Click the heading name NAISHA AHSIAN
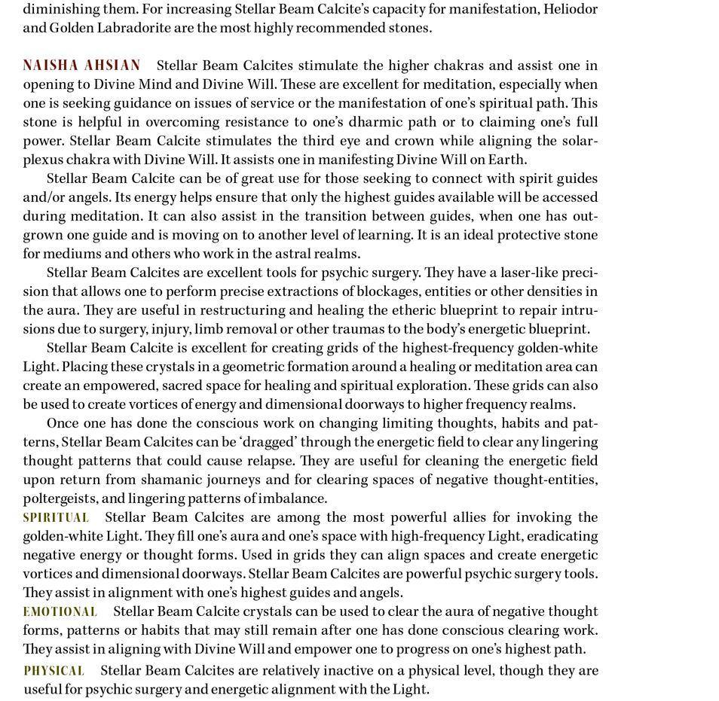(x=81, y=66)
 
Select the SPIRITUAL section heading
(x=56, y=518)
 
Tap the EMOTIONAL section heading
(x=60, y=612)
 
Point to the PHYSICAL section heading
(x=54, y=671)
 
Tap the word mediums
(x=70, y=254)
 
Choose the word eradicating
(x=561, y=536)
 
